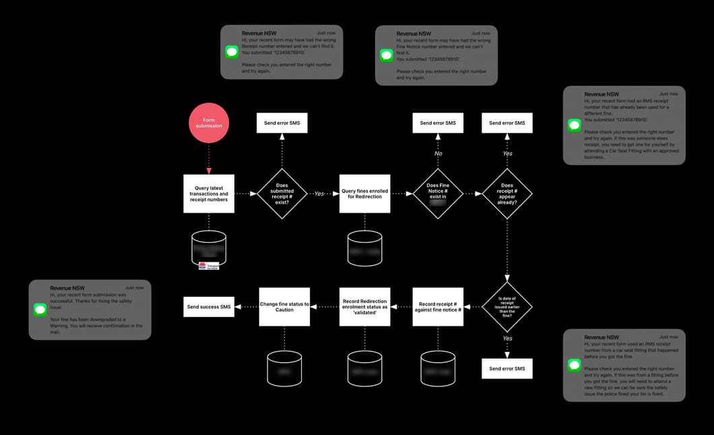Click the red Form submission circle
209,123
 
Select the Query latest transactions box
209,194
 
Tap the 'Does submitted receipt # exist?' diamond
282,194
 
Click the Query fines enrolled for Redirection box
364,194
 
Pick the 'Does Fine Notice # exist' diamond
438,194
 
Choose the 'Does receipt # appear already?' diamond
507,194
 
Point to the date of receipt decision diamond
507,307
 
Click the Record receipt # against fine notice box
438,307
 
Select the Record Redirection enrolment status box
364,307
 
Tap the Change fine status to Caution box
284,307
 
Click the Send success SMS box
209,307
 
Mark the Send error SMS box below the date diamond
507,368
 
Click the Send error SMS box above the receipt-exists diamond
282,123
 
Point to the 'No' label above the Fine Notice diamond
438,153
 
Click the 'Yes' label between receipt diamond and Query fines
319,194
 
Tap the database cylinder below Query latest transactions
209,248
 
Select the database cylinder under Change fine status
284,368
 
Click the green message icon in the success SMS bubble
40,310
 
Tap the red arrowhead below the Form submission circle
209,171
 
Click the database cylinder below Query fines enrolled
364,248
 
